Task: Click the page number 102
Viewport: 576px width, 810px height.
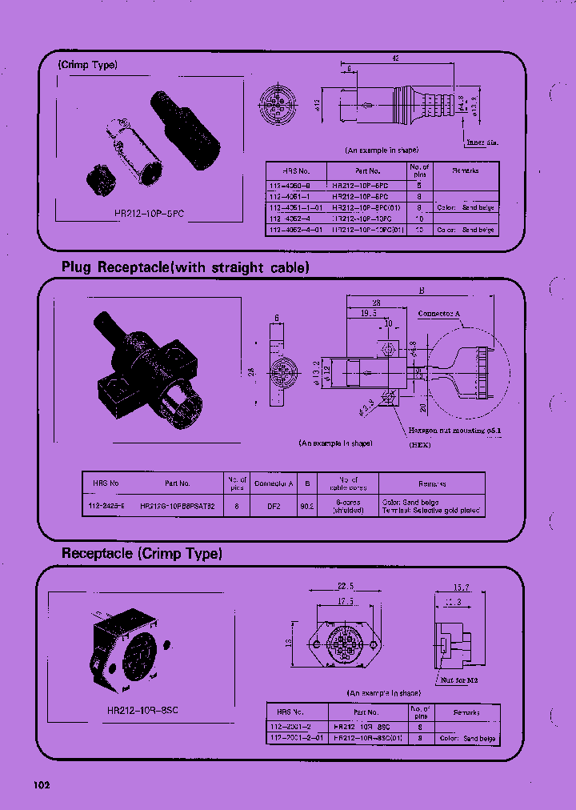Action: tap(42, 785)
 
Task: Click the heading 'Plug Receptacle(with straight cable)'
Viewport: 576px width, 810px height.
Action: tap(185, 267)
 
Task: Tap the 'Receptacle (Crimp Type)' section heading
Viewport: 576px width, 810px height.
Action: tap(142, 553)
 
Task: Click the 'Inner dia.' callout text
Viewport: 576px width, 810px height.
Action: tap(480, 143)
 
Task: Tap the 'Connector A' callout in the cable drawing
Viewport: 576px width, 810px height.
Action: tap(440, 315)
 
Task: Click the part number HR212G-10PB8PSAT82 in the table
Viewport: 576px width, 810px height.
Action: tap(178, 506)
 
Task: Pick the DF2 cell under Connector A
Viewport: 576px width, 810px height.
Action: tap(274, 506)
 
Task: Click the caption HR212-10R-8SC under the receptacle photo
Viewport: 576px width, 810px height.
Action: tap(142, 709)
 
